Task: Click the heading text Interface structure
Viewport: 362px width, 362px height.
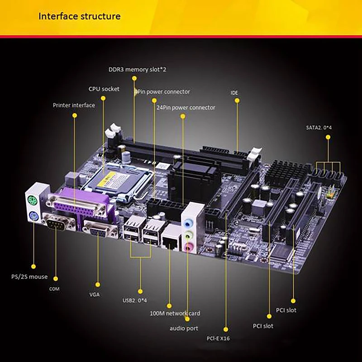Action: coord(79,17)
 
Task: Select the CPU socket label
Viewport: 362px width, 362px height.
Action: coord(104,89)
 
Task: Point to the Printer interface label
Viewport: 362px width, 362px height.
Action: coord(74,105)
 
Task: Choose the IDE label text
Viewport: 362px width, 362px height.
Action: coord(234,93)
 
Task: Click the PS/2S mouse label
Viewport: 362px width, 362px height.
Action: coord(29,276)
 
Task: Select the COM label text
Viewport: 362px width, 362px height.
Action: coord(54,289)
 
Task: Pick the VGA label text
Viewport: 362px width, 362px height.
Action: coord(95,294)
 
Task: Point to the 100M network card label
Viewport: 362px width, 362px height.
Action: coord(175,313)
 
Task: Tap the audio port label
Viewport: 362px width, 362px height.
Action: coord(184,328)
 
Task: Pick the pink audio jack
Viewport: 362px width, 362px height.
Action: coord(189,247)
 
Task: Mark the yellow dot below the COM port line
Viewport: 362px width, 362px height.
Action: coord(56,279)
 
